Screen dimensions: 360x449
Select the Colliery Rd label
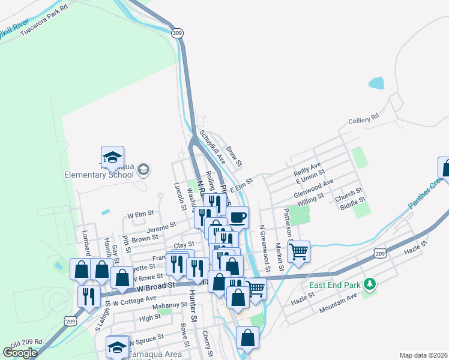click(364, 119)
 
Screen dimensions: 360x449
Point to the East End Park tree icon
click(371, 283)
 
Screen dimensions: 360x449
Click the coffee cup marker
click(238, 217)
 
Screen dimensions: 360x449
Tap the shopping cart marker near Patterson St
click(298, 251)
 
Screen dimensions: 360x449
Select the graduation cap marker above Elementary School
click(112, 157)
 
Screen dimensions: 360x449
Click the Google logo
click(20, 353)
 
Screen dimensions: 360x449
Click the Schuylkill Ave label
click(212, 148)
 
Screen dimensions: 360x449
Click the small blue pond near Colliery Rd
click(376, 83)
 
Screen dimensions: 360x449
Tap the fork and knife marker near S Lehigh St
click(89, 295)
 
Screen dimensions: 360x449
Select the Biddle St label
click(352, 204)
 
